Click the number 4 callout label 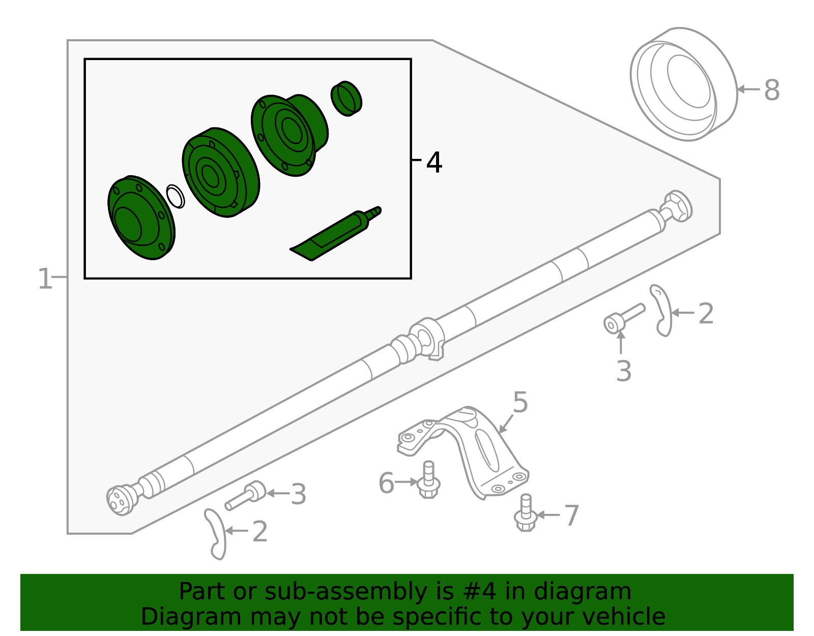pyautogui.click(x=433, y=163)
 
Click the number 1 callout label pyautogui.click(x=45, y=280)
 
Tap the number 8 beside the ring pyautogui.click(x=771, y=91)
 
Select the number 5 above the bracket pyautogui.click(x=520, y=402)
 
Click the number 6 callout pyautogui.click(x=386, y=483)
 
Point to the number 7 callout pyautogui.click(x=572, y=516)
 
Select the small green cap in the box pyautogui.click(x=346, y=98)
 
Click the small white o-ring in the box pyautogui.click(x=176, y=196)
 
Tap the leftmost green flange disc pyautogui.click(x=141, y=218)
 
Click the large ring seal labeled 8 pyautogui.click(x=683, y=84)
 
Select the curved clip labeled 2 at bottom pyautogui.click(x=216, y=534)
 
